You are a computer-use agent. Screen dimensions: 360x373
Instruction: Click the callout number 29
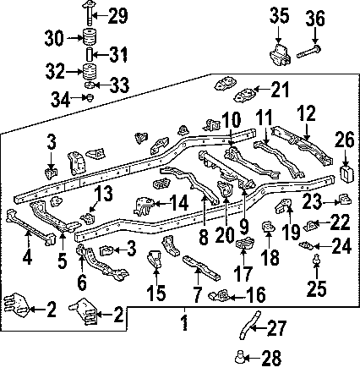[117, 16]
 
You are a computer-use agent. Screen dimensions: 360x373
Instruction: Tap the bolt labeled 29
[88, 13]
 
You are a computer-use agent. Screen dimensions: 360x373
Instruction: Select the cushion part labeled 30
[90, 37]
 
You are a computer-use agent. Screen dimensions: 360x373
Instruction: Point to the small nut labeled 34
[90, 98]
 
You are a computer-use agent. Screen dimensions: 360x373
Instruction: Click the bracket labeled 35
[280, 55]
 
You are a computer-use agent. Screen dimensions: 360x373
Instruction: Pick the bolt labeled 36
[309, 52]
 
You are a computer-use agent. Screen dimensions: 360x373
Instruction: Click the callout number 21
[281, 90]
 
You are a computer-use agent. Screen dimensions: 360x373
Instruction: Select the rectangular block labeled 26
[346, 173]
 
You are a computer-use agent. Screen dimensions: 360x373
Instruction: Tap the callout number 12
[307, 113]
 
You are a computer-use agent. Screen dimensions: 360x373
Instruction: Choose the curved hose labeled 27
[248, 326]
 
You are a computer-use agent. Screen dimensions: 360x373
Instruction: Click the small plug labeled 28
[239, 356]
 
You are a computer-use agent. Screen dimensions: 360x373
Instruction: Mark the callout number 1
[184, 322]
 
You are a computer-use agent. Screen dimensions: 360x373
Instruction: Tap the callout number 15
[155, 293]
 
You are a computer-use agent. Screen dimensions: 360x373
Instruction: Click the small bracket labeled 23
[345, 199]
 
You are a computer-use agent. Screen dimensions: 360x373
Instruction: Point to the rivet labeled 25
[317, 259]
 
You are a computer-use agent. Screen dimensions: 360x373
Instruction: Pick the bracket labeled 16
[219, 295]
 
